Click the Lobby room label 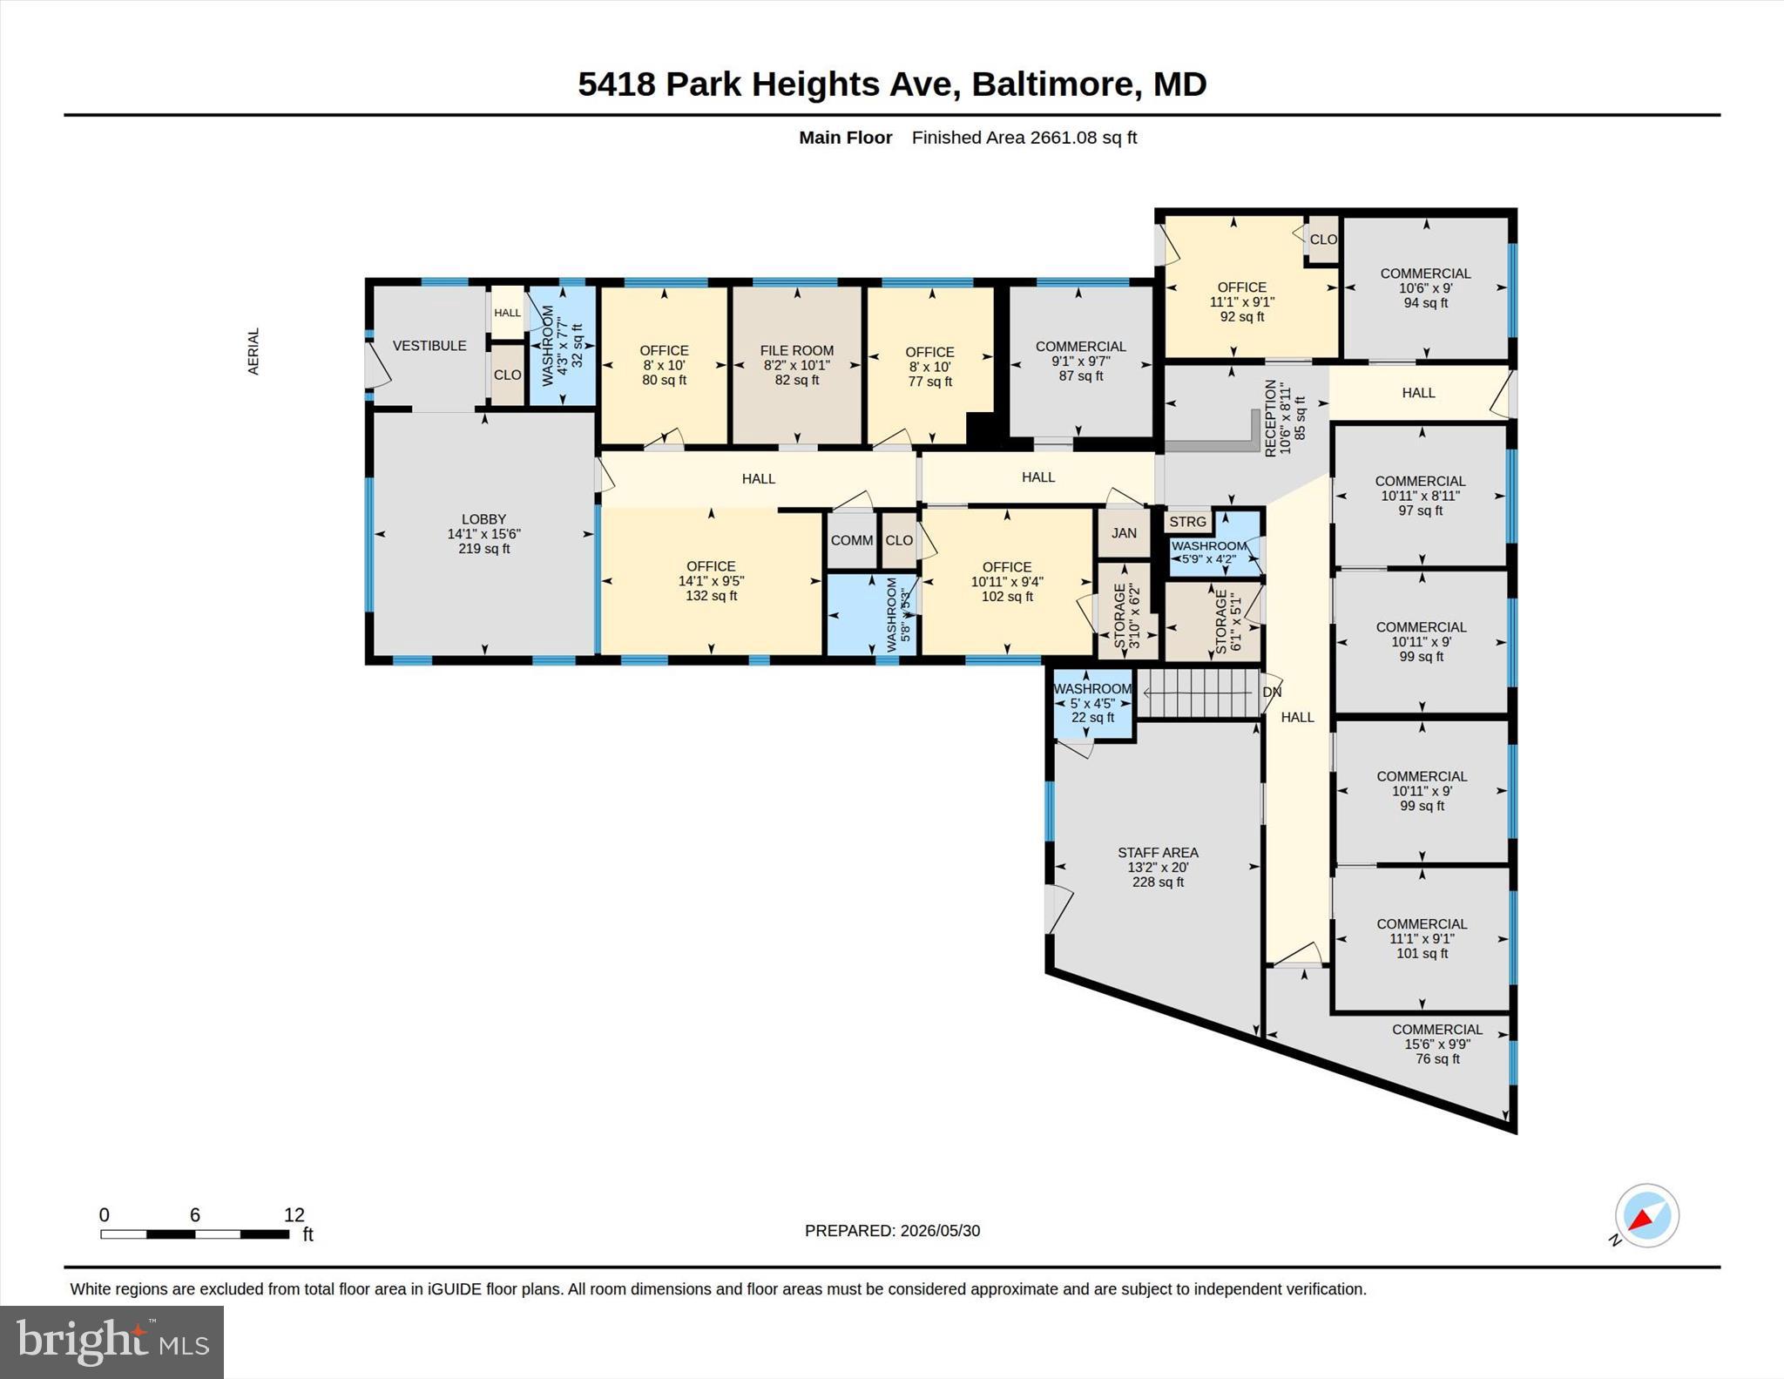coord(483,519)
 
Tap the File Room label coord(797,351)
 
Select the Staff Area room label coord(1158,853)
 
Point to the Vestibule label coord(429,346)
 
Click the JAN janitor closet coord(1124,532)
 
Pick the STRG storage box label coord(1187,522)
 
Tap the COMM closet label coord(851,540)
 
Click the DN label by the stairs coord(1272,693)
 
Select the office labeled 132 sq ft coord(712,581)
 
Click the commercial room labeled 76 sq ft coord(1437,1044)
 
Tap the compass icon coord(1646,1215)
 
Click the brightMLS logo coord(112,1342)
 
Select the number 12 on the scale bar coord(294,1214)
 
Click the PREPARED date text coord(892,1231)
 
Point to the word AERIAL coord(253,352)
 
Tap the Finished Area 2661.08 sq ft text coord(1024,138)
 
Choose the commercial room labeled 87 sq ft coord(1080,361)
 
